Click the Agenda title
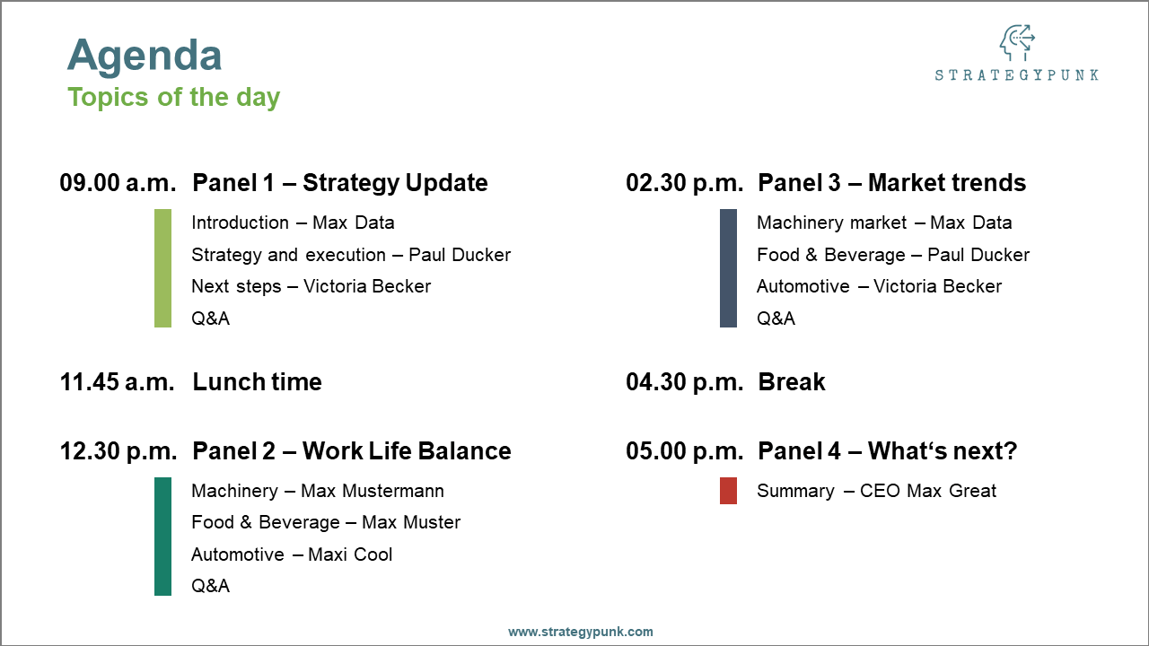(x=145, y=56)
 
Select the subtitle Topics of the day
(x=173, y=97)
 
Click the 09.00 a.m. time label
(x=118, y=183)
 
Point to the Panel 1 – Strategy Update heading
(x=339, y=183)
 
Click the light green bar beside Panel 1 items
(x=162, y=268)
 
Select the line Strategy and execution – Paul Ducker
(x=350, y=255)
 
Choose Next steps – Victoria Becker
(x=311, y=286)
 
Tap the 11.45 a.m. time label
(x=118, y=382)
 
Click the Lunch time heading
(x=257, y=382)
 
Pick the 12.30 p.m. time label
(x=118, y=451)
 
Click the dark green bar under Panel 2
(x=162, y=537)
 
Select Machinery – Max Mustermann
(x=317, y=491)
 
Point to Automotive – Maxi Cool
(x=292, y=554)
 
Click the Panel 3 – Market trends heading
(x=891, y=183)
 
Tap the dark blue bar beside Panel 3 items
(x=728, y=268)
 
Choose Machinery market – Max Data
(x=883, y=223)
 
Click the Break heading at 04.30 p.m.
(x=791, y=382)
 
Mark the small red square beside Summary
(x=728, y=491)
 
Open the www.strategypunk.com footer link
(x=581, y=632)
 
